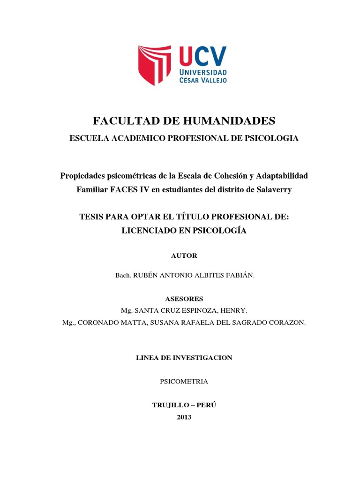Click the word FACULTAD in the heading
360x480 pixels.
(x=123, y=121)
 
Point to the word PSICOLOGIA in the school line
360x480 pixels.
(x=272, y=138)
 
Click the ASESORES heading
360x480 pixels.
(x=184, y=299)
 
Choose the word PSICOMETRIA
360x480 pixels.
(x=184, y=382)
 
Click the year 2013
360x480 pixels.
(x=184, y=418)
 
